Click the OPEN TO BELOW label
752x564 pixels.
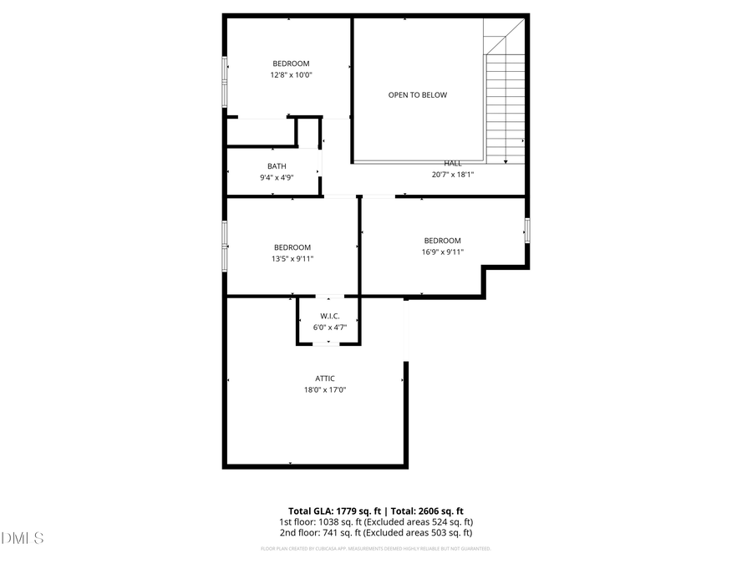[x=417, y=95]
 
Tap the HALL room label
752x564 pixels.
[x=452, y=164]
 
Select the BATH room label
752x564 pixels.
[x=277, y=166]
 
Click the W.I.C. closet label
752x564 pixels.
[x=329, y=316]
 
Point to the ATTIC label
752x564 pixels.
[x=325, y=379]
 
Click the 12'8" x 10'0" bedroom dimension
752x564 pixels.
[x=291, y=75]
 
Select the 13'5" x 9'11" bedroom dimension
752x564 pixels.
[x=292, y=258]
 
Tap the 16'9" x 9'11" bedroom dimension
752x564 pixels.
[x=442, y=252]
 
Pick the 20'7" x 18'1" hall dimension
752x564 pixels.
[x=452, y=175]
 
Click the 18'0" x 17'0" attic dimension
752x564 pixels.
[x=325, y=389]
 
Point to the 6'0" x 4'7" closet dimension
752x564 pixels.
[x=329, y=327]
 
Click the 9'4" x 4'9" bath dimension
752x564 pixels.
[x=277, y=177]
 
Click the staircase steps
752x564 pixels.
[x=505, y=100]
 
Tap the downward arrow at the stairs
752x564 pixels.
[x=506, y=160]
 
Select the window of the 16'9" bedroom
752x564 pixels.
[x=526, y=230]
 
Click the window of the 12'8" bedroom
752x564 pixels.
[x=224, y=81]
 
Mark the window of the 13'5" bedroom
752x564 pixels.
[x=224, y=246]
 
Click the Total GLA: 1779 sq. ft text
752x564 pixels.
[x=334, y=511]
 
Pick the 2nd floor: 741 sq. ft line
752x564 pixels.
[x=376, y=532]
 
